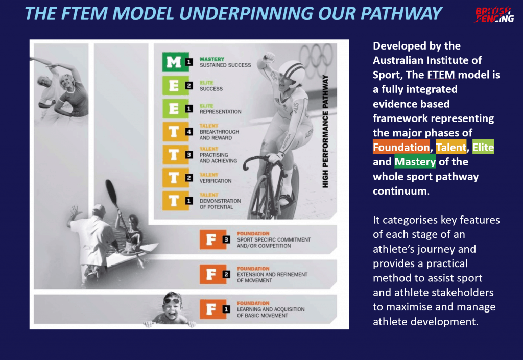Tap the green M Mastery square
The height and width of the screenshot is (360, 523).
[174, 62]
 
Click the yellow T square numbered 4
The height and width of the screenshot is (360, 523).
[174, 132]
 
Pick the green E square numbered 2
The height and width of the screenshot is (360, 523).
[174, 85]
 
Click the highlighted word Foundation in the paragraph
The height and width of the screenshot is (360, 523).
[401, 148]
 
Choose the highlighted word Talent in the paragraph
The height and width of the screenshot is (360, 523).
[451, 148]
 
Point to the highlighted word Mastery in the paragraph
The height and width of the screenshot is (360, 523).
[415, 162]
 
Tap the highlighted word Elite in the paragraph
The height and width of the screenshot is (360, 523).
[483, 148]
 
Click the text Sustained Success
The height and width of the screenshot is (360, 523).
[225, 65]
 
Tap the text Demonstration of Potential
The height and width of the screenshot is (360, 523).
[216, 204]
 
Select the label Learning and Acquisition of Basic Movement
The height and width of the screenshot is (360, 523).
[270, 309]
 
